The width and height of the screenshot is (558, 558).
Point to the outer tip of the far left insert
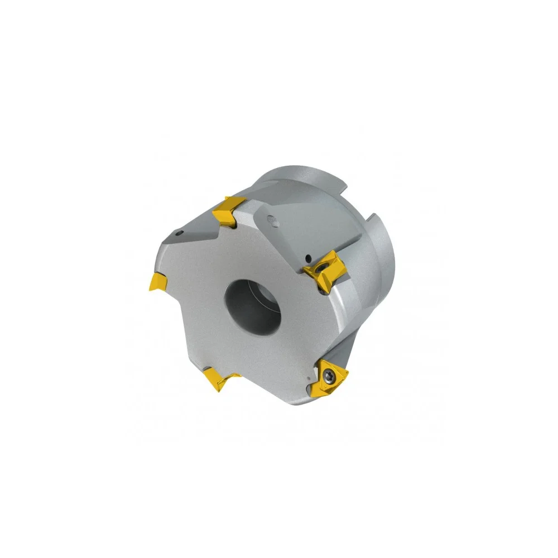[x=151, y=287]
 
